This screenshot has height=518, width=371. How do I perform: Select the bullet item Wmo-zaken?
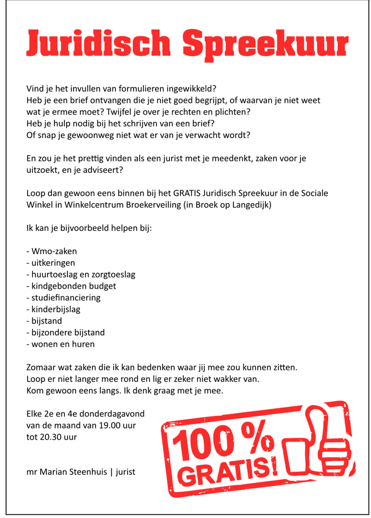(52, 251)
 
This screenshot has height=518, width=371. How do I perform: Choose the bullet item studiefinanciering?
(64, 298)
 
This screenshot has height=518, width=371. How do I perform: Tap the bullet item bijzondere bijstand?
(65, 333)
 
